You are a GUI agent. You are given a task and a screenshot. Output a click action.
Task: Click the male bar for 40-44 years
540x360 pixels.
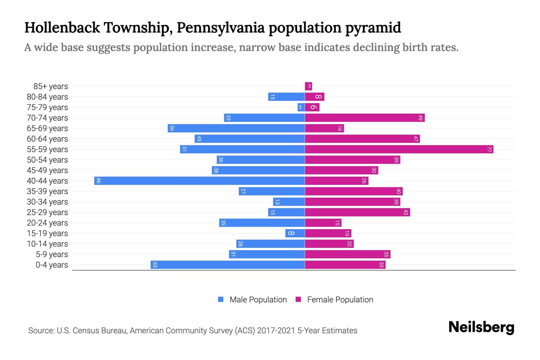[x=199, y=181]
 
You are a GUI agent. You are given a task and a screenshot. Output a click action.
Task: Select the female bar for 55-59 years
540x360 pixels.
[x=399, y=149]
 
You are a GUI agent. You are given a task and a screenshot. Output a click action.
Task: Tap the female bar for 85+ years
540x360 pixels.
[x=308, y=86]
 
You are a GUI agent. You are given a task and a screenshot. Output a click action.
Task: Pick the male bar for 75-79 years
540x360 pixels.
[x=301, y=107]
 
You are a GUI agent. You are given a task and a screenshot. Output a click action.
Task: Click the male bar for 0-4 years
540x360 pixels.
[x=227, y=265]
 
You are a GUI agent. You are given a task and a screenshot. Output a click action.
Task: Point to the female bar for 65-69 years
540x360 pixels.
[x=324, y=128]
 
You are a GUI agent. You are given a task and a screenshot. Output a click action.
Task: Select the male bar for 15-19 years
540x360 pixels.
[x=295, y=233]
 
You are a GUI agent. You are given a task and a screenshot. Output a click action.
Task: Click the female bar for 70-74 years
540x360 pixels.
[x=365, y=118]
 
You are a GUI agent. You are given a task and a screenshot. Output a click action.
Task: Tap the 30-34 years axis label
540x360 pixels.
[x=47, y=202]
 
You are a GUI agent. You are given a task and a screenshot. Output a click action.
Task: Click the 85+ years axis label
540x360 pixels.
[x=51, y=86]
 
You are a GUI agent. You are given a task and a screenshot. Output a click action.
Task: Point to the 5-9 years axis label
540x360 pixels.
[x=52, y=254]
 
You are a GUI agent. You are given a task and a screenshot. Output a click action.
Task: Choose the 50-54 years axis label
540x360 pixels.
[x=47, y=160]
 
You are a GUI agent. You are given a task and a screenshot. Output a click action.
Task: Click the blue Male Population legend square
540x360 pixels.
[x=221, y=299]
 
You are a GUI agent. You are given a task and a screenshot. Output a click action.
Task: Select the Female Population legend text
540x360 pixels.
[x=340, y=300]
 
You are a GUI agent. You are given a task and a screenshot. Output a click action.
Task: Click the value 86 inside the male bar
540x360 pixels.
[x=98, y=181]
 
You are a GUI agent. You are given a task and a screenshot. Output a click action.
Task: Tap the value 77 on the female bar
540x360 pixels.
[x=489, y=149]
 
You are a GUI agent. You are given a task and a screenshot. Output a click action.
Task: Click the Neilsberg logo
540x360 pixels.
[x=481, y=327]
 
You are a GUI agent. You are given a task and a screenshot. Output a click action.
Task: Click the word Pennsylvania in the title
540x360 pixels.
[x=220, y=28]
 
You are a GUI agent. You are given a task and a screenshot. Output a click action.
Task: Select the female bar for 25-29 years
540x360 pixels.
[x=357, y=212]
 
